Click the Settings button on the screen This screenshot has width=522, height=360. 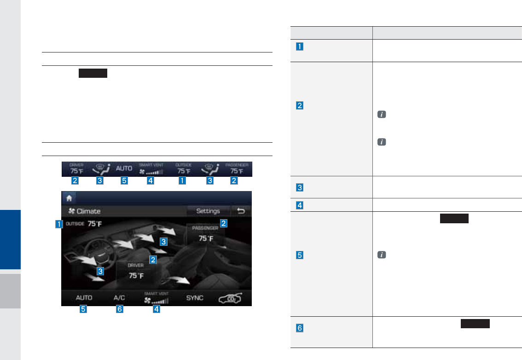pos(208,211)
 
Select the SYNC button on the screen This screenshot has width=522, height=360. pos(195,298)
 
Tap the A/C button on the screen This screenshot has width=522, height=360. pos(120,298)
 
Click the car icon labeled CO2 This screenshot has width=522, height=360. pos(231,298)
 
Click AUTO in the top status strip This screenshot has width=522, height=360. pos(124,169)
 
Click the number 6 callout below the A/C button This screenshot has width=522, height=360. pos(120,309)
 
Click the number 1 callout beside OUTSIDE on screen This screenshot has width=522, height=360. pos(58,225)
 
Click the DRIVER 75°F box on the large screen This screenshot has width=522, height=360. pos(136,272)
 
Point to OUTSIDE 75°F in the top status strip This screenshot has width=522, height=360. pos(181,168)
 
